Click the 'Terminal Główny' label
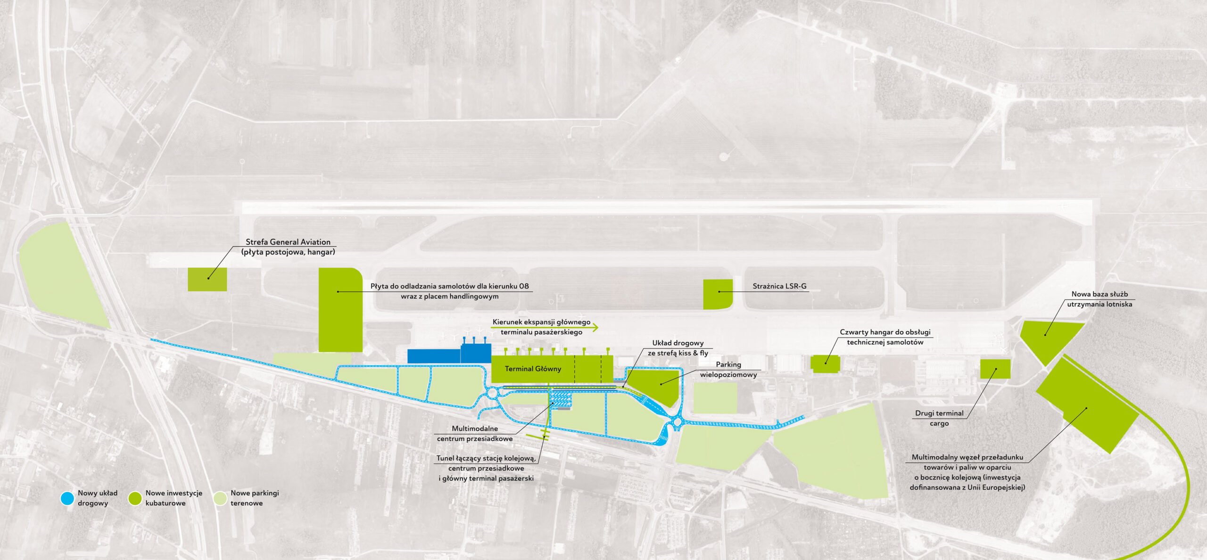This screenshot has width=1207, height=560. click(x=533, y=369)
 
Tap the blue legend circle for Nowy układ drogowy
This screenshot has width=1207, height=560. click(x=67, y=498)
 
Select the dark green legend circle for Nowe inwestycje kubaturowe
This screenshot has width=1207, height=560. click(x=135, y=498)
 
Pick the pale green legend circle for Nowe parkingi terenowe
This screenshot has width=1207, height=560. click(x=220, y=498)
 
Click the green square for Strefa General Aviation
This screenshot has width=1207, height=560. click(x=207, y=280)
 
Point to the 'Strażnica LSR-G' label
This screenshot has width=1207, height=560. click(x=779, y=286)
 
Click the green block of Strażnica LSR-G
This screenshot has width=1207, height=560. click(x=718, y=294)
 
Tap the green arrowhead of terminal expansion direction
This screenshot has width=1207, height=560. click(x=595, y=327)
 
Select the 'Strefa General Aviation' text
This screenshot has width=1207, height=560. click(x=288, y=242)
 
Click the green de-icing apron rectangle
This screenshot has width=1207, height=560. click(x=340, y=310)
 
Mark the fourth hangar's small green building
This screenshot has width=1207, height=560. click(x=826, y=364)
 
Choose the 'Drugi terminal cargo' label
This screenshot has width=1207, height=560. click(x=939, y=418)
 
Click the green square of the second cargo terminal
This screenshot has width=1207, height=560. click(x=995, y=369)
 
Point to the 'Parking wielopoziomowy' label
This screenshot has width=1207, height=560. click(x=728, y=370)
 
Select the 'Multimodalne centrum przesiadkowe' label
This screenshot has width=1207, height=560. click(x=475, y=434)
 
